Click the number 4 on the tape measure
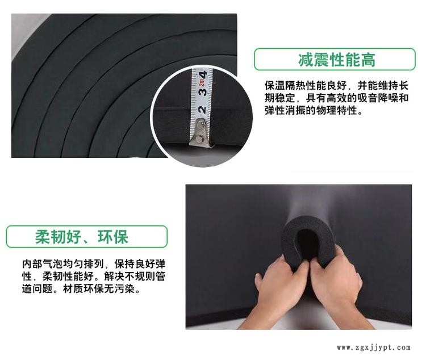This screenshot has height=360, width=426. (203, 74)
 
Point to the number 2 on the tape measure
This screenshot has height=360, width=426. (202, 110)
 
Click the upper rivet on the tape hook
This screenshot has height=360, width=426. (201, 124)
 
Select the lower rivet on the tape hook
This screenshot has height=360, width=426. (199, 139)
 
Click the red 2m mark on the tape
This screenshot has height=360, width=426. (202, 82)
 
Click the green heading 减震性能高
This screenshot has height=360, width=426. (337, 60)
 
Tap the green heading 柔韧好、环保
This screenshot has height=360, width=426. (81, 237)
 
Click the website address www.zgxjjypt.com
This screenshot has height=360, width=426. (374, 348)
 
